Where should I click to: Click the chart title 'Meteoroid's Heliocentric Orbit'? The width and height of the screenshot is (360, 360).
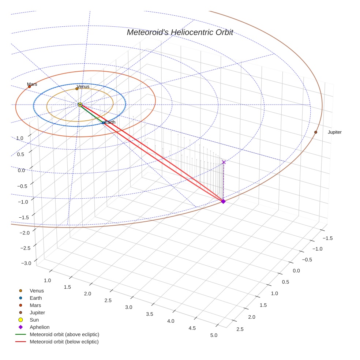180,33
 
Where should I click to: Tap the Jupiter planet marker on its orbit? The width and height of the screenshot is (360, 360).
316,132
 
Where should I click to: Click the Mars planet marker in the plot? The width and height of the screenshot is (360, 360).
29,87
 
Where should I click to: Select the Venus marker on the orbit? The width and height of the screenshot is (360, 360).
77,89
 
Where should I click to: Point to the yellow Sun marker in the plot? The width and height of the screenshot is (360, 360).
80,105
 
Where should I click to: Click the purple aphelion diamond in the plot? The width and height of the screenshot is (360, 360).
223,201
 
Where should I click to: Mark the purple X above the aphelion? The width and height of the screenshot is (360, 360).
224,162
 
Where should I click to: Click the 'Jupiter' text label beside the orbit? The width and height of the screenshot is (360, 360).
334,132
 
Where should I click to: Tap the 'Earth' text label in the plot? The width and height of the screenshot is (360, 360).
110,122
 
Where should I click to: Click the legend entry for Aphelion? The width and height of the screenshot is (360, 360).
39,327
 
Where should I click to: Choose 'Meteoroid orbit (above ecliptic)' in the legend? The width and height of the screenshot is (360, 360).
64,334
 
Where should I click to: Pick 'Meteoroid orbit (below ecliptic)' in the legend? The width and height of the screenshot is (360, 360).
64,342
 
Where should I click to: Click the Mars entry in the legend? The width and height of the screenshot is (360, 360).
35,305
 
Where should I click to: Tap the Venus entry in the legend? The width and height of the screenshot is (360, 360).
37,290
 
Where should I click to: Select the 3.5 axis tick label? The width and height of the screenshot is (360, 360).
150,314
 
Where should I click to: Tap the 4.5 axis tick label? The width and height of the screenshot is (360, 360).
192,328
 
